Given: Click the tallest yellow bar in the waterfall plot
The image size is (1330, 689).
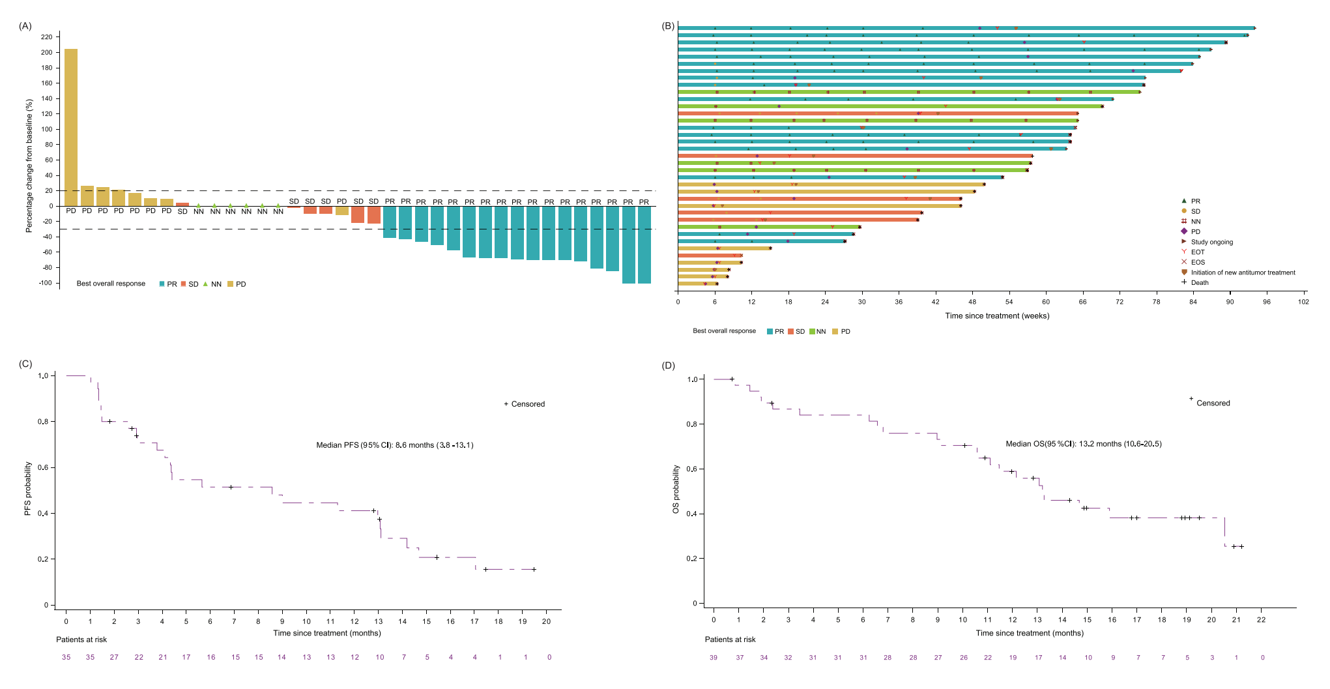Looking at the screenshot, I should coord(71,127).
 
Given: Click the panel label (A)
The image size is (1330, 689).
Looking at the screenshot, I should coord(25,26).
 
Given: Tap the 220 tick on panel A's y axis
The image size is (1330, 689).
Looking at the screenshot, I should coord(47,37).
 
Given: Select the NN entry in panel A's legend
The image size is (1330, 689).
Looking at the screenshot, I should coord(212,284).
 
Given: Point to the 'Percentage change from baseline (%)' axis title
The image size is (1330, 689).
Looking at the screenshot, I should coord(29,166).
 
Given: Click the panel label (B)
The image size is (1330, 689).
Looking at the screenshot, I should coord(668,26).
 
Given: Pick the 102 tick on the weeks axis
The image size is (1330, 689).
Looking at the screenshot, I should coord(1303,302).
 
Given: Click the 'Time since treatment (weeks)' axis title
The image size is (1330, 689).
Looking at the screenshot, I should coord(997,316).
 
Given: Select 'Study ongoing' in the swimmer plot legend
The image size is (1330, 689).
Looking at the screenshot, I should coord(1211,242).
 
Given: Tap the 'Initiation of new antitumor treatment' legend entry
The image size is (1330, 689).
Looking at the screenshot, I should coord(1243,272).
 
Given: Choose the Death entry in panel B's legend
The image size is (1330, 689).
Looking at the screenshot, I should coord(1199,283).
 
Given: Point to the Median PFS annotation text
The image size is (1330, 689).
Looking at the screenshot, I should coord(395,445).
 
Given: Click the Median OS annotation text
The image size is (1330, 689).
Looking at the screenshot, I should coord(1083,444).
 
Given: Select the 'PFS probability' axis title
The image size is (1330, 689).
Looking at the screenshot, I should coord(28,489).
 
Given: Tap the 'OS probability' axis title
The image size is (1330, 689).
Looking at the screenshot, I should coord(676,489).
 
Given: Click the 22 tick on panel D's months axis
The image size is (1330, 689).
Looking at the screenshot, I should coord(1261,620).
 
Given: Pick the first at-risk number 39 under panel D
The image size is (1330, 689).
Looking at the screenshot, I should coord(714,658).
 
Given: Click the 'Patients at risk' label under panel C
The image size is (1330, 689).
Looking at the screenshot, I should coord(81,639).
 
